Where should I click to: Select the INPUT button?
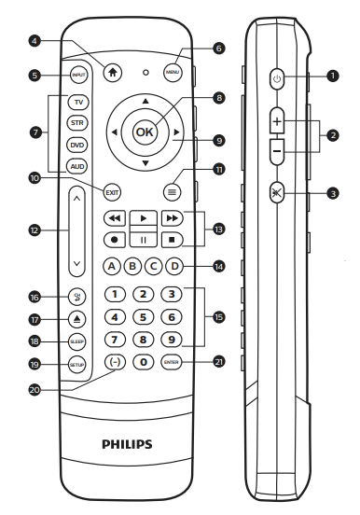(x=78, y=75)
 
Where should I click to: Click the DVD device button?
(x=77, y=145)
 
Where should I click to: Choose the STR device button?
(x=77, y=122)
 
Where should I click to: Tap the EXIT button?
(x=113, y=191)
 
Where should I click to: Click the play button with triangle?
(x=143, y=217)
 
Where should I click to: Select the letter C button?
(x=153, y=266)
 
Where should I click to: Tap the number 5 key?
(x=143, y=316)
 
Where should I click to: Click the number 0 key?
(x=143, y=362)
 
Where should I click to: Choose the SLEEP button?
(x=77, y=342)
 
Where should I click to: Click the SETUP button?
(x=77, y=366)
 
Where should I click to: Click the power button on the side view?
(x=277, y=79)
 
